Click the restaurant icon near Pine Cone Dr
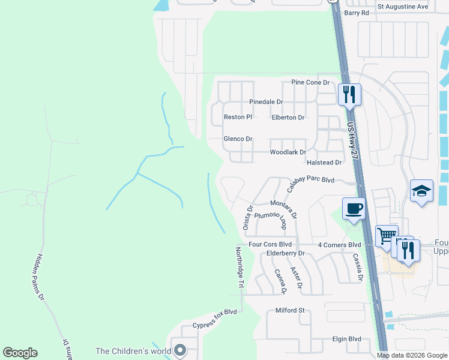pos(349,94)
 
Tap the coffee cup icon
pos(353,209)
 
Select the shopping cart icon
pos(387,235)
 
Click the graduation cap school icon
pos(421,191)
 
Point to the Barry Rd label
pos(356,12)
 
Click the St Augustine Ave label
pos(403,7)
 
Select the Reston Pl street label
pos(238,117)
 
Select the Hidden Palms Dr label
pos(41,277)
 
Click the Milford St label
pos(290,310)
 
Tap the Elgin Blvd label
pos(346,339)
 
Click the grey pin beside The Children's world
pos(179,351)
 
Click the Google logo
pos(20,353)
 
